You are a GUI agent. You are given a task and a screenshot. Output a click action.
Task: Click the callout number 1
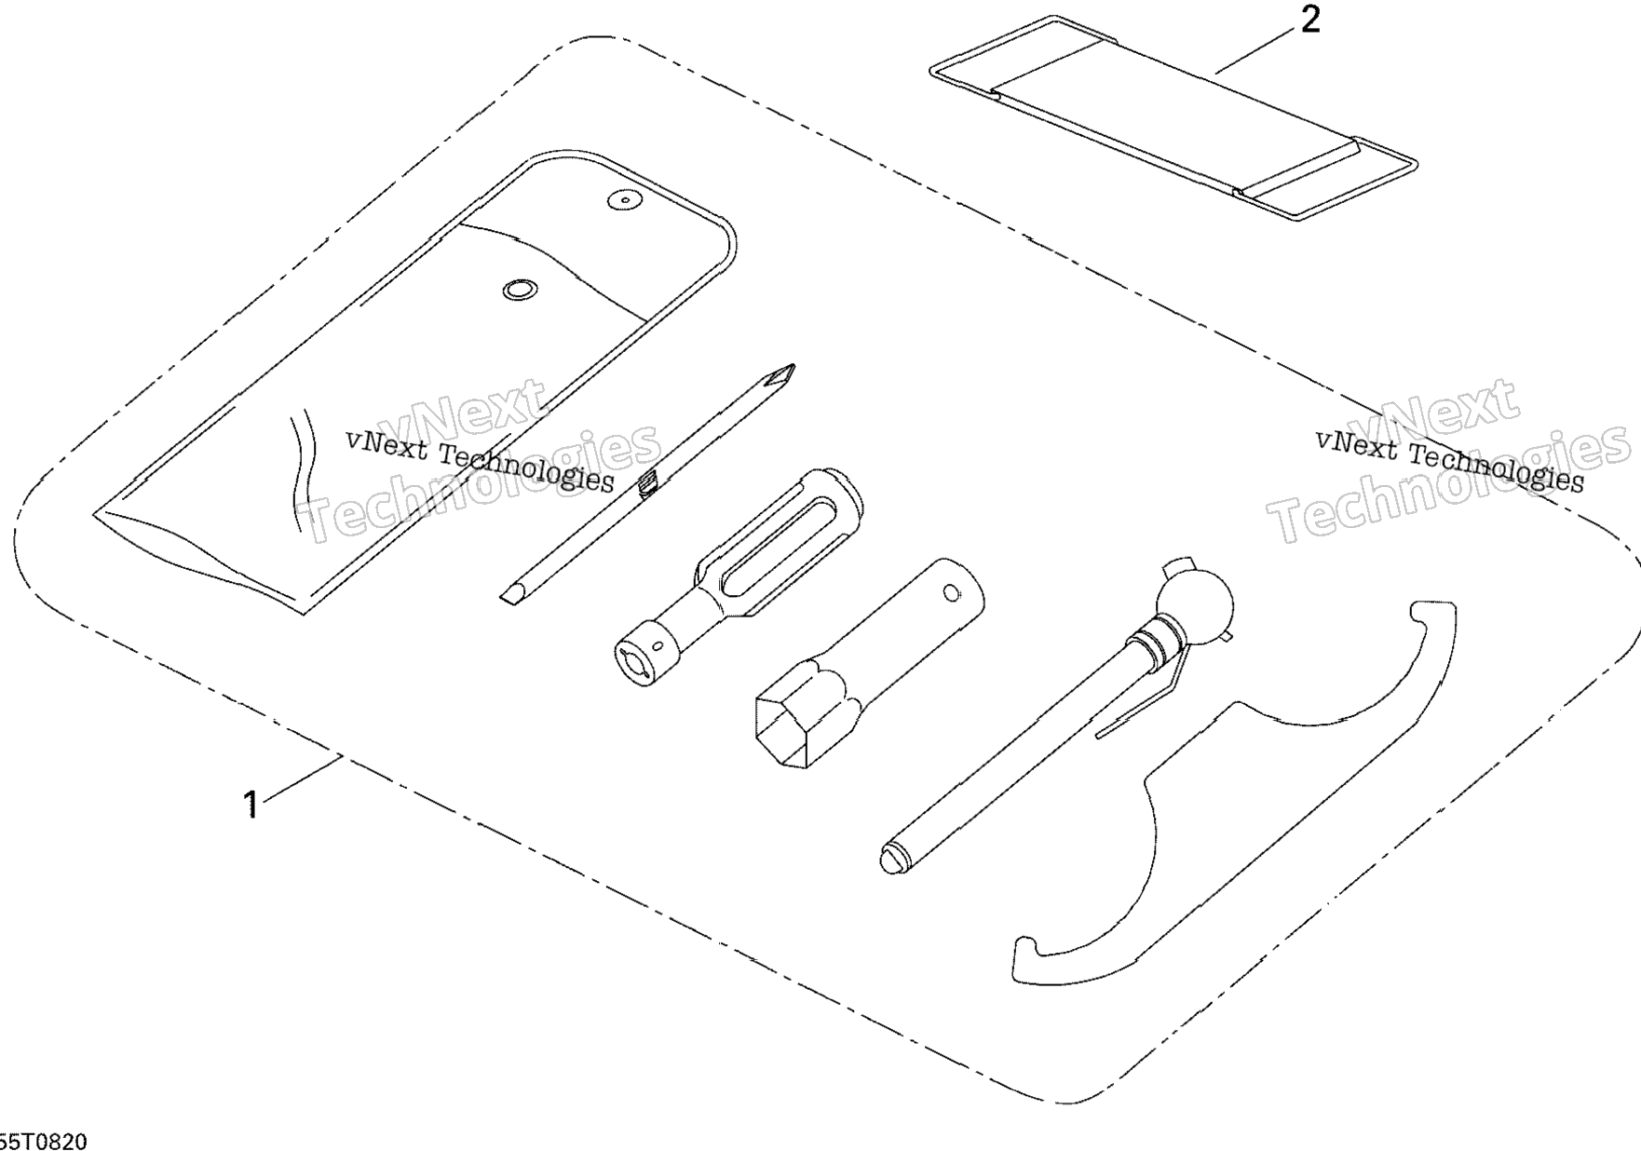tap(250, 804)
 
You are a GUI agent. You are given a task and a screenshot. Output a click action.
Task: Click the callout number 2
tap(1309, 20)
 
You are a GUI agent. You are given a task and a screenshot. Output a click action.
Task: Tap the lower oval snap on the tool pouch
tap(519, 290)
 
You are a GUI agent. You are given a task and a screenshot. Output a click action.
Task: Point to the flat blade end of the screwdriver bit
tap(510, 595)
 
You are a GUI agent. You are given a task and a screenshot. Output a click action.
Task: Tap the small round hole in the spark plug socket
tap(951, 591)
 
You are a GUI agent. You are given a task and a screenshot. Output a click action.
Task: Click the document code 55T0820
tap(44, 1141)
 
